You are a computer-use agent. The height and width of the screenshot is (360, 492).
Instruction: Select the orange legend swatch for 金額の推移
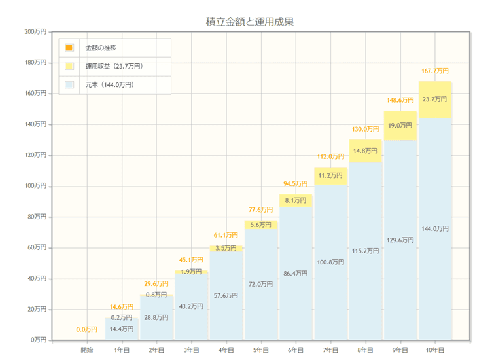coord(69,48)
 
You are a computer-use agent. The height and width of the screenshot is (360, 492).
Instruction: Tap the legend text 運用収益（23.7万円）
coord(114,66)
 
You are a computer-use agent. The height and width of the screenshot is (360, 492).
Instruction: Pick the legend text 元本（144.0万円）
coord(110,84)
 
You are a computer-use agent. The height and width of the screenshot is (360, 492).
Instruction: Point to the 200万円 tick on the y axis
coord(35,31)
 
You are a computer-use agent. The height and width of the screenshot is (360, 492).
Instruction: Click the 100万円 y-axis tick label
coord(35,186)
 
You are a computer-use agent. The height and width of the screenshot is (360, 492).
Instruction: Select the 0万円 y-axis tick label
coord(38,340)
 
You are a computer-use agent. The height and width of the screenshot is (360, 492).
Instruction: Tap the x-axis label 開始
coord(87,350)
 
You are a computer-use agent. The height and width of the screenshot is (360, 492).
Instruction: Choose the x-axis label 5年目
coord(261,350)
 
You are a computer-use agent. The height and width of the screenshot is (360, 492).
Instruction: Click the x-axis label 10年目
coord(434,350)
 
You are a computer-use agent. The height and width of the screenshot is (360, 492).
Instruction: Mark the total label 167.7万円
coord(435,71)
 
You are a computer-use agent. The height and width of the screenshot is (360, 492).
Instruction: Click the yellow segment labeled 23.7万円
coord(435,99)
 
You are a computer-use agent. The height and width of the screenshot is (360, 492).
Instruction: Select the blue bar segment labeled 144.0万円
coord(435,229)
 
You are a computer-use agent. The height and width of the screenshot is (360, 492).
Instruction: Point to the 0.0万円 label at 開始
coord(87,329)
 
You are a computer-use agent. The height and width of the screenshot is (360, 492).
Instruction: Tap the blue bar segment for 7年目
coord(330,262)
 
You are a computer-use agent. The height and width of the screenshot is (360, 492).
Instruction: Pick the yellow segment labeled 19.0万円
coord(400,125)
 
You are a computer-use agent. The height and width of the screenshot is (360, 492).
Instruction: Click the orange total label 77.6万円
coord(261,209)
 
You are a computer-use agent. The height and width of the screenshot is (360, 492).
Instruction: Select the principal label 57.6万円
coord(226,295)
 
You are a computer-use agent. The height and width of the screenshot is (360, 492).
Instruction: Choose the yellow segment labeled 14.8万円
coord(365,151)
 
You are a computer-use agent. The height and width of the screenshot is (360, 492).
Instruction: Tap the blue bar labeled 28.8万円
coord(157,317)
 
